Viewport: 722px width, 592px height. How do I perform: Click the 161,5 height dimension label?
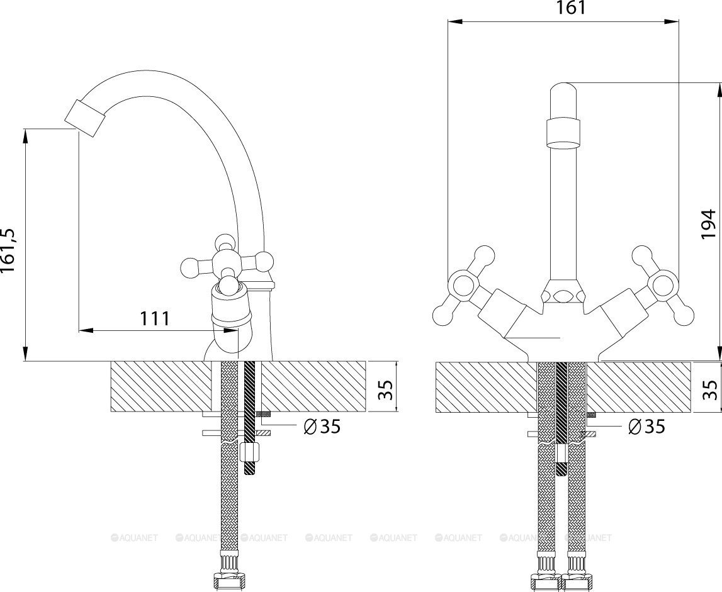pos(11,250)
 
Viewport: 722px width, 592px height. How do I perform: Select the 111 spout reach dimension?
pos(154,318)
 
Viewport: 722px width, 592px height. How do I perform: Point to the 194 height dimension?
pos(709,223)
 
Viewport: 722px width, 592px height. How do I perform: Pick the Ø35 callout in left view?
pos(321,427)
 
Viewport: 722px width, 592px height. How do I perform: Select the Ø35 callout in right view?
pos(646,427)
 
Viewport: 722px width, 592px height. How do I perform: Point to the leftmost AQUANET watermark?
pos(135,538)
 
